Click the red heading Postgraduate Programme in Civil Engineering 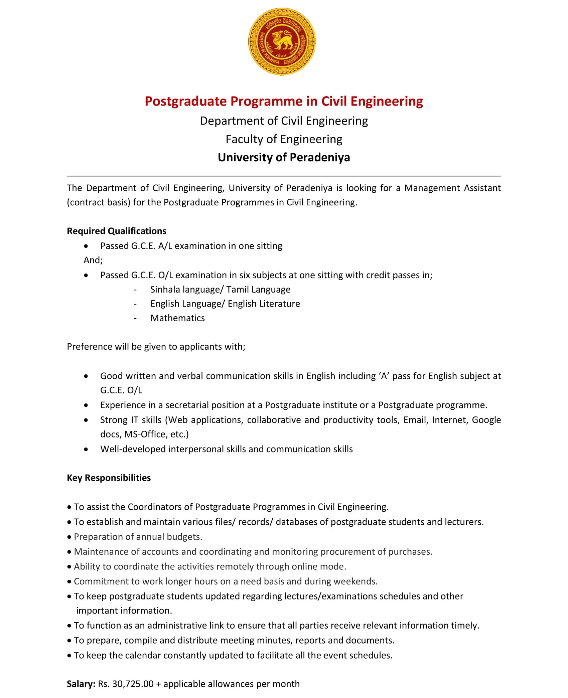[x=284, y=101]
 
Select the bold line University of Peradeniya [x=284, y=157]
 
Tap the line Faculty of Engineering [x=284, y=139]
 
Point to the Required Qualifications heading [x=116, y=231]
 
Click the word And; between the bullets [x=93, y=260]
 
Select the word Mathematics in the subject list [x=177, y=318]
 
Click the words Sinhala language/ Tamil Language [x=220, y=290]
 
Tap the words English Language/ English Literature [x=225, y=304]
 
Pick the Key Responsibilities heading [x=109, y=478]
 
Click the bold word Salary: [x=81, y=684]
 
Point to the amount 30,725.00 [x=133, y=684]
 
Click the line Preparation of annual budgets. [x=138, y=537]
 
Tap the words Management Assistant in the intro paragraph [x=452, y=188]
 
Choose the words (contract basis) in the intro [x=98, y=202]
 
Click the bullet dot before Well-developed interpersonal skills [x=86, y=450]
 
